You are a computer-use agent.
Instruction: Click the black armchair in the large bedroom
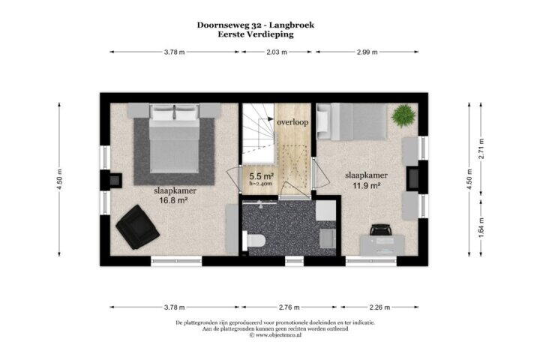pyautogui.click(x=137, y=226)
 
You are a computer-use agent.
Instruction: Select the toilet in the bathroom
pyautogui.click(x=253, y=241)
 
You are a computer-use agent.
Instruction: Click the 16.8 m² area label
pyautogui.click(x=173, y=200)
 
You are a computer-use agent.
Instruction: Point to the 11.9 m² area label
pyautogui.click(x=366, y=186)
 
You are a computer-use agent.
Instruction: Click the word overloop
pyautogui.click(x=292, y=122)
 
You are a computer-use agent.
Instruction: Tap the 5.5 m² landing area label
pyautogui.click(x=262, y=176)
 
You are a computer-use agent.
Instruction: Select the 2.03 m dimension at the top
pyautogui.click(x=277, y=52)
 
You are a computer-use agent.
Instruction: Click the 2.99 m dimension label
pyautogui.click(x=367, y=52)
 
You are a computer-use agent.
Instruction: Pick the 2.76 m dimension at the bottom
pyautogui.click(x=289, y=307)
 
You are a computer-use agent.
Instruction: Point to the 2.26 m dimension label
pyautogui.click(x=379, y=307)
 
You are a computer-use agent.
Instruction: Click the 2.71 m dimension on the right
pyautogui.click(x=481, y=148)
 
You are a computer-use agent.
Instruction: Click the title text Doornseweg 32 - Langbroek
pyautogui.click(x=256, y=25)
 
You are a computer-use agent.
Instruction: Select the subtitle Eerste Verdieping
pyautogui.click(x=256, y=34)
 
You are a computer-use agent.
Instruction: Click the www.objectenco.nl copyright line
pyautogui.click(x=275, y=334)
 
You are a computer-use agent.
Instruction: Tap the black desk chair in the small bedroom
pyautogui.click(x=380, y=229)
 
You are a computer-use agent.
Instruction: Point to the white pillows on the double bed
pyautogui.click(x=175, y=112)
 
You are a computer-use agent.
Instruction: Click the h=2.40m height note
pyautogui.click(x=261, y=184)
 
